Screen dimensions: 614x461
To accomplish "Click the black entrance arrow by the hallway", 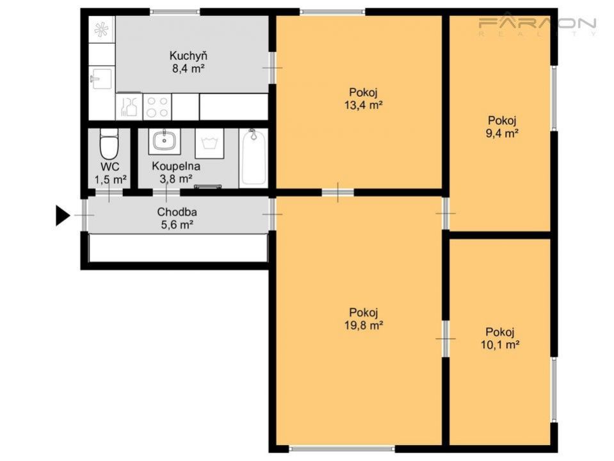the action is (61, 215).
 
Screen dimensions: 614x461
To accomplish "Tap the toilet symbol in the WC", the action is (109, 144).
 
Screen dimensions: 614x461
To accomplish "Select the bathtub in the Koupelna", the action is (254, 156).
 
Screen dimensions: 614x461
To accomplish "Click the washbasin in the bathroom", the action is (165, 141).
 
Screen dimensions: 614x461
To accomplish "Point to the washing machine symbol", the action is (209, 144).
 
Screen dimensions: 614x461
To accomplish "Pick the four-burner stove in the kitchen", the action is (157, 107).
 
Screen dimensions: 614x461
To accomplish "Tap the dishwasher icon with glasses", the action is (129, 106).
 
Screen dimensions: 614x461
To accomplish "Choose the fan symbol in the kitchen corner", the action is (101, 29).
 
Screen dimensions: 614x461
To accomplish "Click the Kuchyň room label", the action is (188, 55).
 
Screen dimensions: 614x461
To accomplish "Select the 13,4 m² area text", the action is (364, 105).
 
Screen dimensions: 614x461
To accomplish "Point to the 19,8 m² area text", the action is (364, 325).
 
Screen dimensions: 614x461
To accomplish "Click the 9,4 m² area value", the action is (503, 133).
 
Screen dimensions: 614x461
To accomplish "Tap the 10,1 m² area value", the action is (500, 345).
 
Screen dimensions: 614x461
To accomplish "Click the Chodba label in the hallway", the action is (177, 212).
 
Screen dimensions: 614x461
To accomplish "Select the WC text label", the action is (110, 167).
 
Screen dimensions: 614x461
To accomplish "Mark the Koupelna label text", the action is (176, 166).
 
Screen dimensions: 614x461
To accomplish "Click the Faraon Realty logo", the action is (537, 26).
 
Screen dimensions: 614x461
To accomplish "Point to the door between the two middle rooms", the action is (338, 192).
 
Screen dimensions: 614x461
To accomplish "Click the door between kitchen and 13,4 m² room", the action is (272, 68).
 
